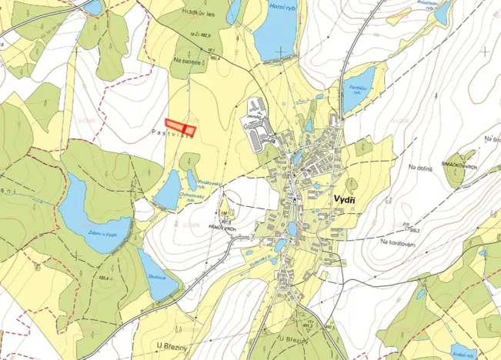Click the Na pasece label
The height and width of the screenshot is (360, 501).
188,62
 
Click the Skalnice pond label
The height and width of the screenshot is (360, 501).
158,275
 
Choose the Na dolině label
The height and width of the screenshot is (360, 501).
421,167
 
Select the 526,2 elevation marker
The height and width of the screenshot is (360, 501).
414,229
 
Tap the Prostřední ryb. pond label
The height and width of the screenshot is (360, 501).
427,4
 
